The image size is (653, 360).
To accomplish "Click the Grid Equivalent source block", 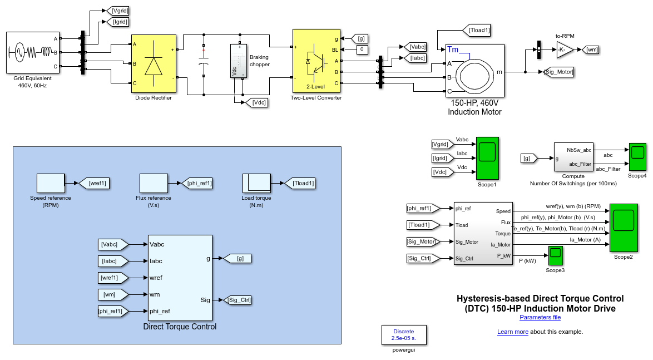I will tap(32, 52).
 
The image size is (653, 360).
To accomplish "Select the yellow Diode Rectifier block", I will tap(154, 64).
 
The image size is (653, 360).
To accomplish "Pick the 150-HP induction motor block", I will tap(474, 71).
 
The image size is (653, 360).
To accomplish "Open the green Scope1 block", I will tap(487, 158).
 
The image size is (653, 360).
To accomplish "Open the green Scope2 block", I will tap(623, 228).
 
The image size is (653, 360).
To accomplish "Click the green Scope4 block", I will tap(637, 157).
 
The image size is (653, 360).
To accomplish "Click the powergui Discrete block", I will tap(404, 335).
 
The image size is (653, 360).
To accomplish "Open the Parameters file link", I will tap(540, 318).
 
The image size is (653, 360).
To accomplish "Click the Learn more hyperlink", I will tap(513, 332).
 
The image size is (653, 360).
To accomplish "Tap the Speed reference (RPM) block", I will tap(51, 183).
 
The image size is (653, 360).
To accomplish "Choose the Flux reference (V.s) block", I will tap(154, 183).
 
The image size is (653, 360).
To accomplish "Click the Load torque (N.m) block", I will tap(256, 183).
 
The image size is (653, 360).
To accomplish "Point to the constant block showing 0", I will tap(362, 50).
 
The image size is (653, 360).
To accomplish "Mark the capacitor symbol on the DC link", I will tap(204, 63).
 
